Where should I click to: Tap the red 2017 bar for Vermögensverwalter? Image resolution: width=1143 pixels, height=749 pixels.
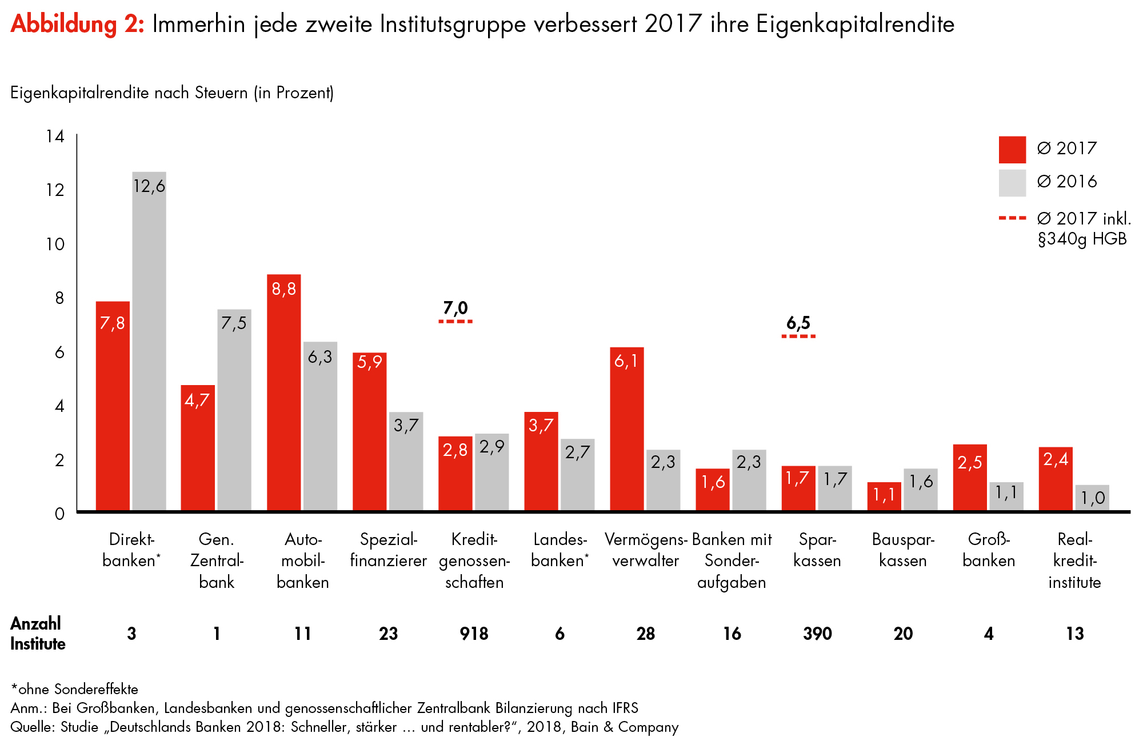click(x=627, y=428)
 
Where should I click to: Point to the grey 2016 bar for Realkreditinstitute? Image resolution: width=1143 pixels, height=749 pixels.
click(x=1092, y=498)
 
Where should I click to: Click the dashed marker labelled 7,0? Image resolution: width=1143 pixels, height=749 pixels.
click(x=455, y=322)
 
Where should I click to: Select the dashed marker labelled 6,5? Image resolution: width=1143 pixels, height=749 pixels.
click(x=798, y=337)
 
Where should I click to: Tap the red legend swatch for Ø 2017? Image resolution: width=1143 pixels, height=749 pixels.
click(x=1012, y=150)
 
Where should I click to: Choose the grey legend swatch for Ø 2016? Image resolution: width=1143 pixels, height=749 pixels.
click(x=1012, y=183)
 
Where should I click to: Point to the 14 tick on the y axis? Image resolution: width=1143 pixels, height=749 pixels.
click(x=55, y=137)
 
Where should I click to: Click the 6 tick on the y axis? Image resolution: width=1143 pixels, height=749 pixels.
click(x=59, y=353)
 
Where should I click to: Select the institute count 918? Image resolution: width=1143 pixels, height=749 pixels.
click(x=474, y=634)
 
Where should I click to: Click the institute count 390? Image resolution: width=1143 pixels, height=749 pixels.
click(x=817, y=634)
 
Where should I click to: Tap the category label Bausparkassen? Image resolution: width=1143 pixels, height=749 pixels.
click(x=903, y=550)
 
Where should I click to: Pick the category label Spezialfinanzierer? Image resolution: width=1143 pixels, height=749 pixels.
click(x=389, y=550)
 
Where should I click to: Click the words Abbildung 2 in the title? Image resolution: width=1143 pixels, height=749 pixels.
click(x=78, y=25)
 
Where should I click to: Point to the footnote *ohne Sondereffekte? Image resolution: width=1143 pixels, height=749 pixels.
click(x=74, y=689)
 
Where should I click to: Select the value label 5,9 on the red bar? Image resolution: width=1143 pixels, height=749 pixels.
click(x=369, y=362)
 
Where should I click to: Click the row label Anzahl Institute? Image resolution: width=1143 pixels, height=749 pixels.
click(x=38, y=634)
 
